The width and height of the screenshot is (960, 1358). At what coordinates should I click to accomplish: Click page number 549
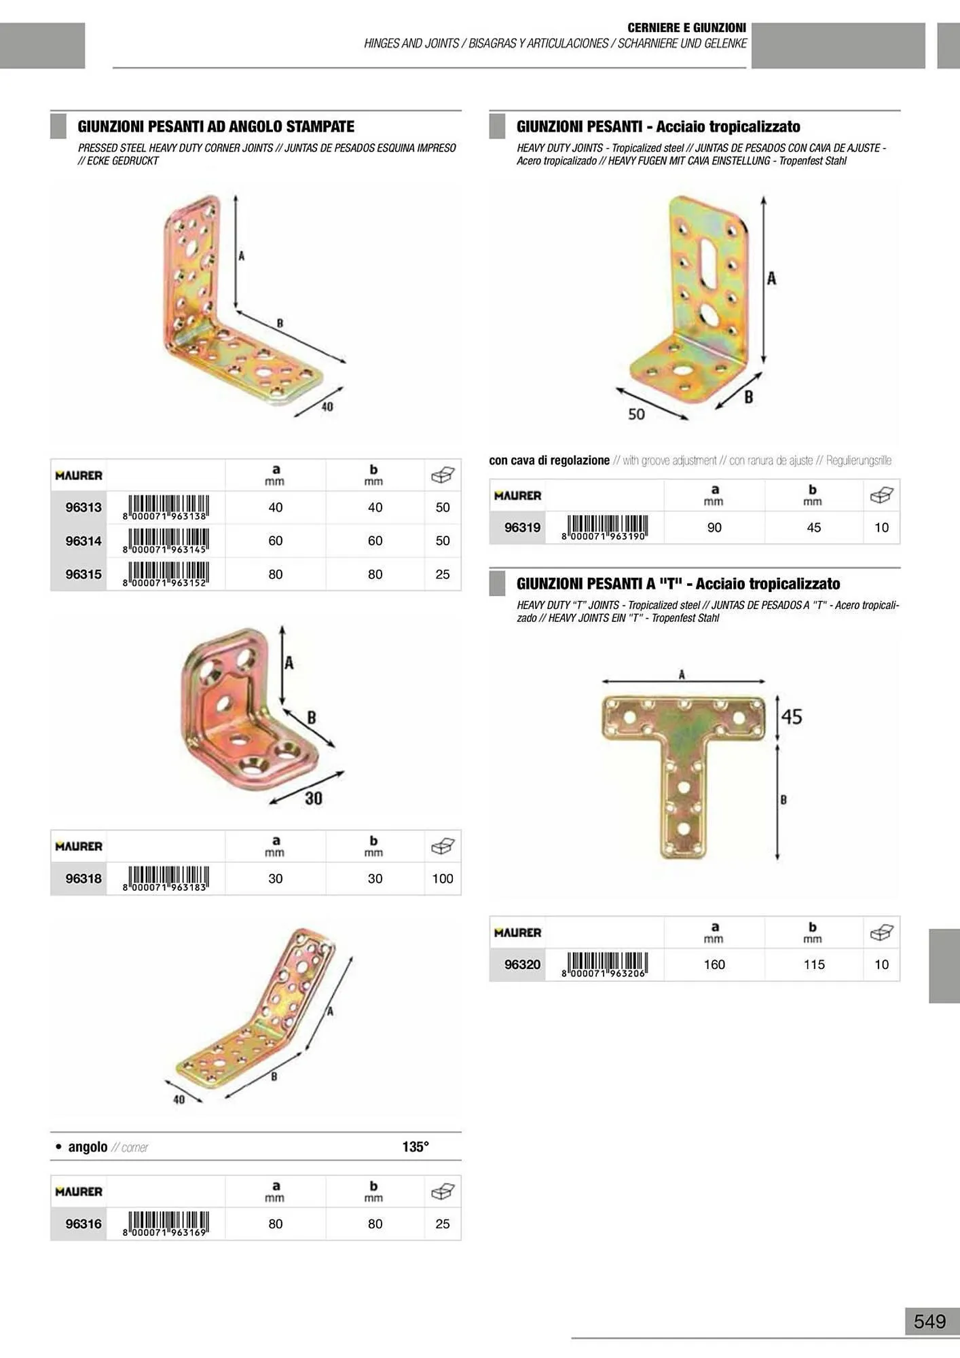pos(929,1321)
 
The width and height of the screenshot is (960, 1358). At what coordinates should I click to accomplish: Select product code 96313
pos(84,507)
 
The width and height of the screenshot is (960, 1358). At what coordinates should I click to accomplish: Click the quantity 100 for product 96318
pos(443,879)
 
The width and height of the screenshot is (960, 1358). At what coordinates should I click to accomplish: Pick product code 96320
pos(522,964)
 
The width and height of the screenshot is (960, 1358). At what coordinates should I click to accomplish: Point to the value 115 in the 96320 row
pos(814,964)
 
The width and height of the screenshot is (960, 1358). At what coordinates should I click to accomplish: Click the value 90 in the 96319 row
pos(714,528)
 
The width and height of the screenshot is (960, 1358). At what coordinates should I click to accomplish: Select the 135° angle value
pos(416,1147)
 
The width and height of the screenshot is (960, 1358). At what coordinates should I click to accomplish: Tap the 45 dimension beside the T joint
pos(792,717)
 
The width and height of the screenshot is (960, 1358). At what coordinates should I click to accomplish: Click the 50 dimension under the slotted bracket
pos(636,414)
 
